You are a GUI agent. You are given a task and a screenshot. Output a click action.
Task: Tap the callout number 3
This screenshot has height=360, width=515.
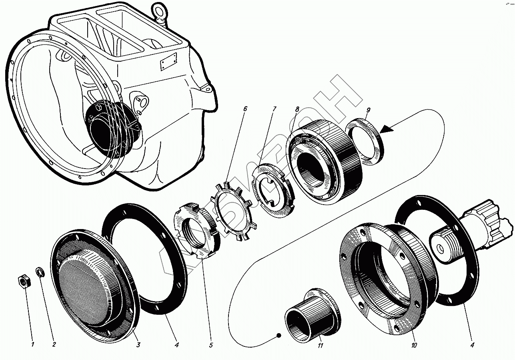coord(138,344)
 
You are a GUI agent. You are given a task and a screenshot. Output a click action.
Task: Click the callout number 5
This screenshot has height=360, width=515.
coord(211,345)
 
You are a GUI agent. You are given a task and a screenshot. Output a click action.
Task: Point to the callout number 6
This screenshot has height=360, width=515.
coord(245,109)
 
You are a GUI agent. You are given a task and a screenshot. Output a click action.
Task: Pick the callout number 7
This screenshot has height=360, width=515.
coord(274,109)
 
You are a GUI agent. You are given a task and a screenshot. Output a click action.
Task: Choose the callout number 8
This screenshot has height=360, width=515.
coord(297,109)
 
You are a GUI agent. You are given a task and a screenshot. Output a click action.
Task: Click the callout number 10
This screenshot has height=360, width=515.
coord(414,345)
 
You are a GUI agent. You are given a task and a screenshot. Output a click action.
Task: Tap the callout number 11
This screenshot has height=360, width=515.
coord(320,345)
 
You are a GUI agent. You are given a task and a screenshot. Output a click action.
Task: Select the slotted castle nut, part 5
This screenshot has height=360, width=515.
coord(197,230)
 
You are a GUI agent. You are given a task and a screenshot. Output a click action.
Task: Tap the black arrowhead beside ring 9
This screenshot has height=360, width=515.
coord(387,129)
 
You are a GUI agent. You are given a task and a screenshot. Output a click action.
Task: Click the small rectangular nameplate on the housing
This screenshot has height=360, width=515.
coord(168,62)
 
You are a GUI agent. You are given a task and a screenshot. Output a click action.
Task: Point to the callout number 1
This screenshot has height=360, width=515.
coord(33,345)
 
